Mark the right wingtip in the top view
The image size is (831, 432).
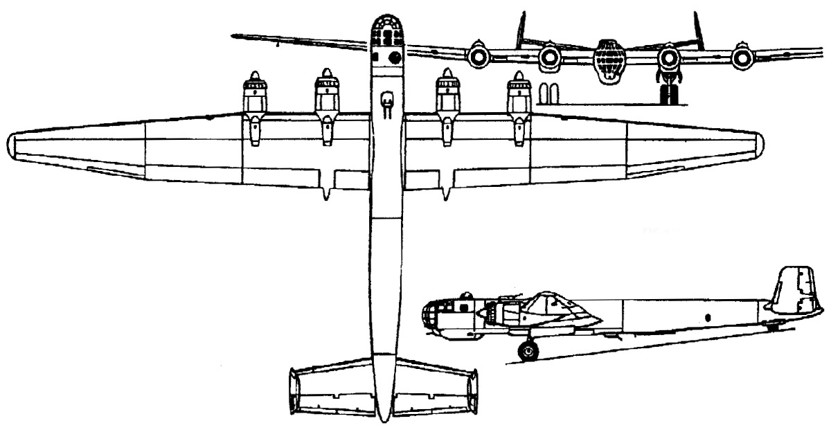coord(758,145)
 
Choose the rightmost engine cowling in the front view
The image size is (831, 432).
coord(742,57)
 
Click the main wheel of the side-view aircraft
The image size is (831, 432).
coord(528,352)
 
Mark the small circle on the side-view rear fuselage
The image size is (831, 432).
coord(708,317)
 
